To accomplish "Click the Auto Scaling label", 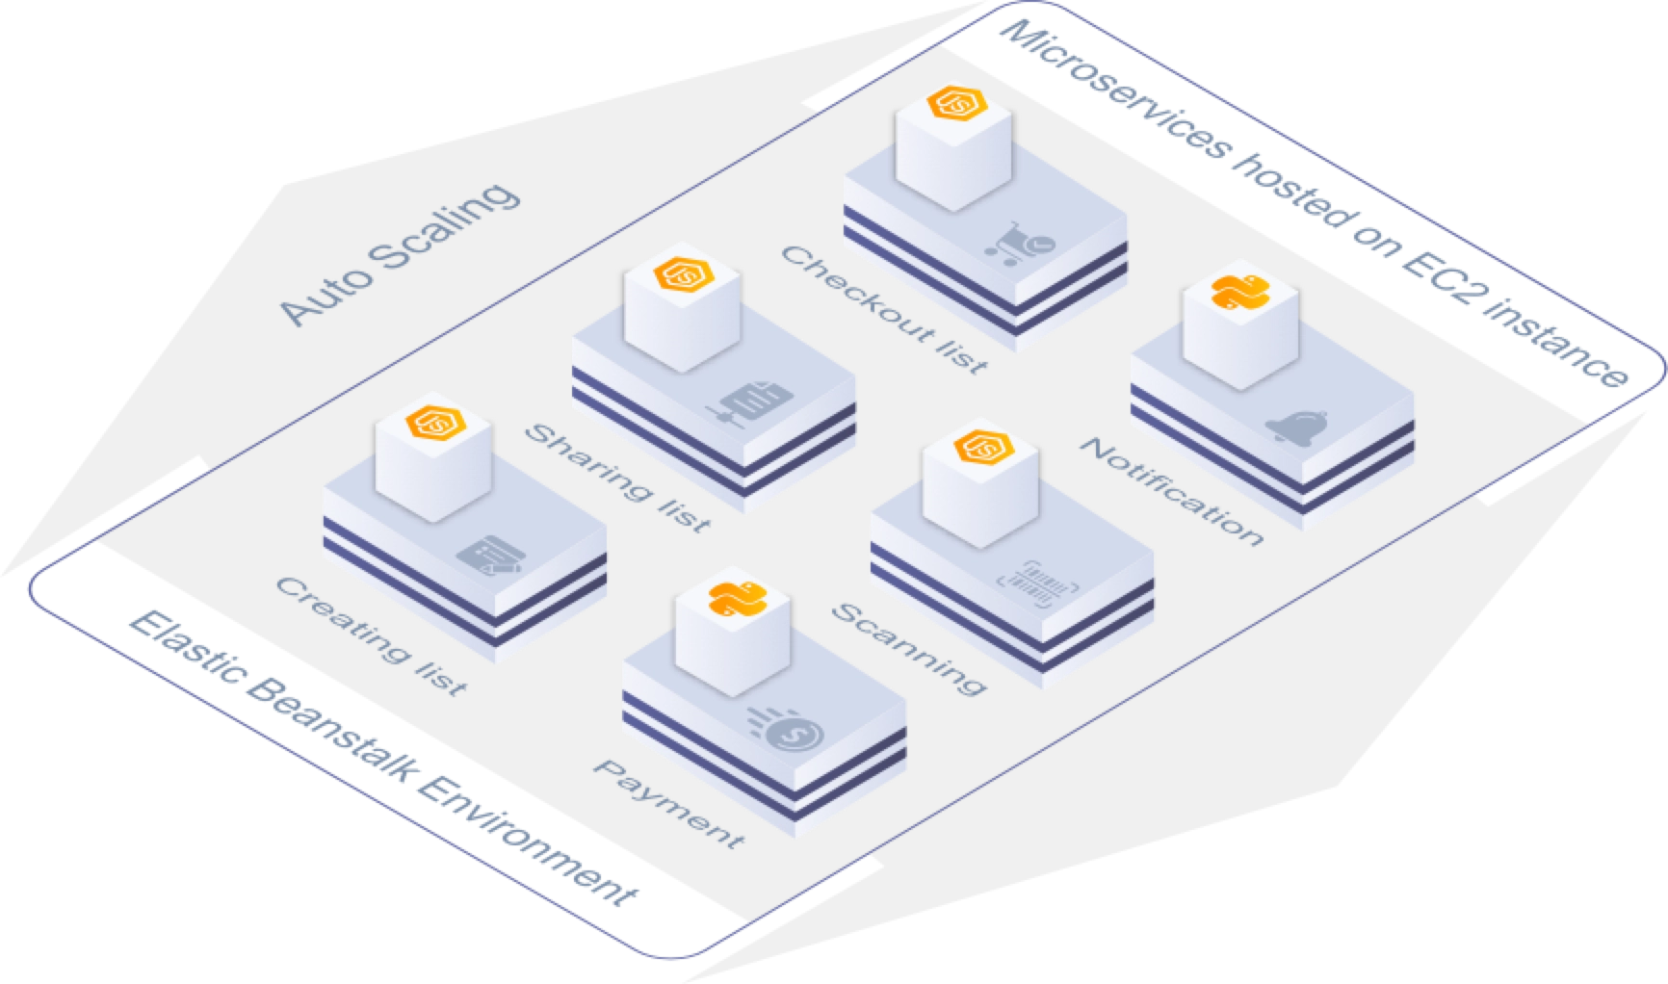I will pos(399,254).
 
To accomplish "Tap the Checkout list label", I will pos(883,309).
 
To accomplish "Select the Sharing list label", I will pos(616,478).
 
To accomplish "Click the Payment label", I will pos(668,804).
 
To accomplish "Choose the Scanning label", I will pos(908,648).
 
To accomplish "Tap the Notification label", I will pos(1169,491).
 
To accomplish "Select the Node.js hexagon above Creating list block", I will pos(433,424).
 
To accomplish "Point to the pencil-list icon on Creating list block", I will pos(492,557).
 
